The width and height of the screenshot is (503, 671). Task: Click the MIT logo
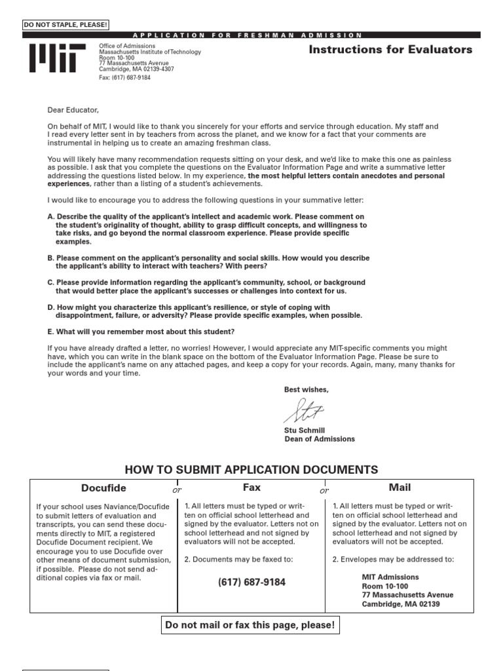pyautogui.click(x=57, y=58)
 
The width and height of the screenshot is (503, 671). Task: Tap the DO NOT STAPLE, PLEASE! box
pyautogui.click(x=65, y=26)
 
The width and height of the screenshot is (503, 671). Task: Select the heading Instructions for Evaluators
pyautogui.click(x=390, y=50)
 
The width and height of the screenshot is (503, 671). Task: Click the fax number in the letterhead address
pyautogui.click(x=124, y=77)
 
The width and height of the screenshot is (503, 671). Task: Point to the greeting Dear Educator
pyautogui.click(x=73, y=110)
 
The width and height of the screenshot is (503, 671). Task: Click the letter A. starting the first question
pyautogui.click(x=51, y=216)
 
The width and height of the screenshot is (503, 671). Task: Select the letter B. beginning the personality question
pyautogui.click(x=51, y=258)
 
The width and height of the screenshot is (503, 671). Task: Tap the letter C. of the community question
pyautogui.click(x=51, y=282)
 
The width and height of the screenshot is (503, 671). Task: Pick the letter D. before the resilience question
pyautogui.click(x=51, y=307)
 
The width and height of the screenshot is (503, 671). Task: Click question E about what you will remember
pyautogui.click(x=141, y=332)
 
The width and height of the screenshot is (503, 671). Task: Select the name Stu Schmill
pyautogui.click(x=304, y=431)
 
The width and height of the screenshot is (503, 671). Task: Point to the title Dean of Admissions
pyautogui.click(x=320, y=439)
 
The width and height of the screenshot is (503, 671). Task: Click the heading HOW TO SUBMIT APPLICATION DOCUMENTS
pyautogui.click(x=251, y=470)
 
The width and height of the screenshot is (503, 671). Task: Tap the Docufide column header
pyautogui.click(x=103, y=488)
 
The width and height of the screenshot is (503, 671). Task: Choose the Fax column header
pyautogui.click(x=251, y=488)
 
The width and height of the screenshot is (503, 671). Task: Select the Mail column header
pyautogui.click(x=400, y=488)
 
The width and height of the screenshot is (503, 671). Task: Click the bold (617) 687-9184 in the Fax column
pyautogui.click(x=251, y=582)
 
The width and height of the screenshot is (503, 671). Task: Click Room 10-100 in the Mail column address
pyautogui.click(x=384, y=586)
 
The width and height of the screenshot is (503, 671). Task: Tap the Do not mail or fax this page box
pyautogui.click(x=250, y=626)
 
